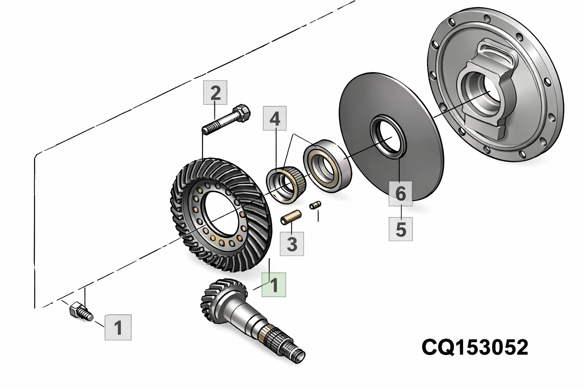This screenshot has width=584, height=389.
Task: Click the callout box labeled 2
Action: tap(215, 92)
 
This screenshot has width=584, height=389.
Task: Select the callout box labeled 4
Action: tap(275, 119)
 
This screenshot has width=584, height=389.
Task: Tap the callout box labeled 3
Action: tap(292, 244)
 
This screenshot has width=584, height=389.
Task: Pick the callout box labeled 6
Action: tap(400, 193)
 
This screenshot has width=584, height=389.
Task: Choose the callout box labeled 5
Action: tap(400, 229)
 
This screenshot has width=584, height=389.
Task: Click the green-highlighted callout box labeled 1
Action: tap(274, 285)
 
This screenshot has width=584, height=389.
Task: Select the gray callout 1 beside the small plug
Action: tap(118, 327)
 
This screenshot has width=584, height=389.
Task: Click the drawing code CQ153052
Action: tap(475, 347)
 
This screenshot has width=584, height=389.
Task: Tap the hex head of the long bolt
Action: tap(243, 113)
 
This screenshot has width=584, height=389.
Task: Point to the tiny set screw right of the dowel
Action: tap(316, 205)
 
